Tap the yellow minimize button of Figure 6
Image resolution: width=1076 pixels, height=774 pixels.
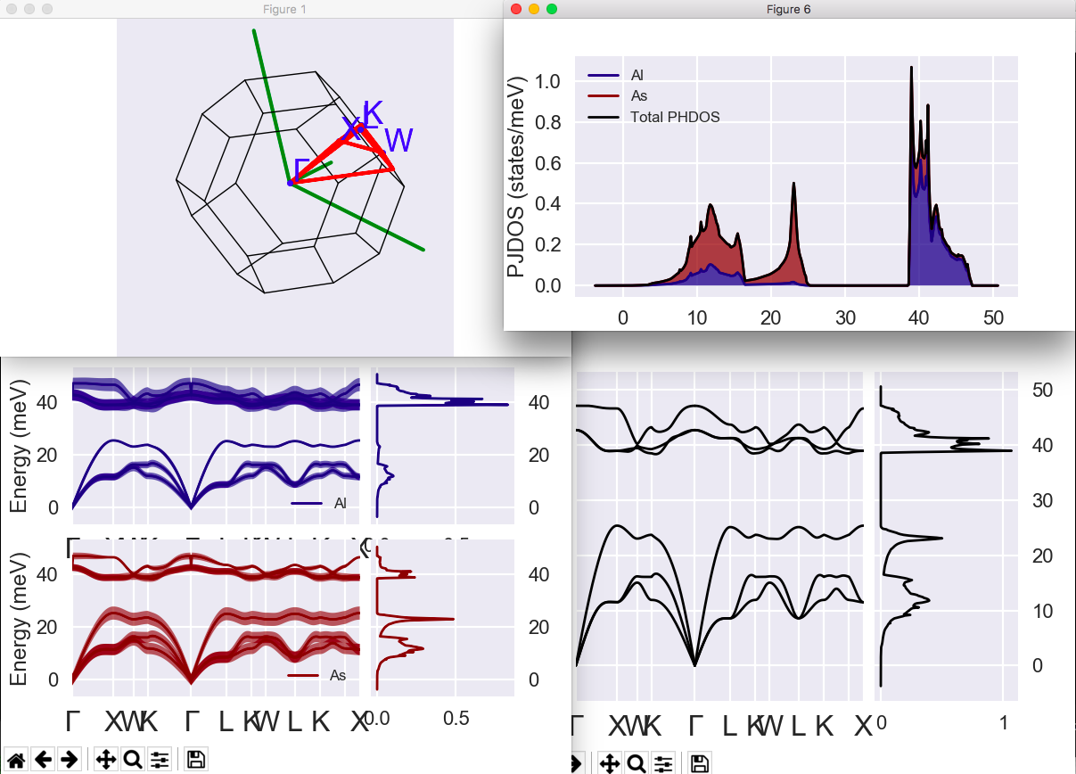point(534,9)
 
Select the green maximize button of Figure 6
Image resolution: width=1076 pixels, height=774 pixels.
point(551,9)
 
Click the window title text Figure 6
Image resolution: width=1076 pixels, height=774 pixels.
point(789,9)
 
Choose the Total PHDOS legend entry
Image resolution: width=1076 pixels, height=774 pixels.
point(674,117)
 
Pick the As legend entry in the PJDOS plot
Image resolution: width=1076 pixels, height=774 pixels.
point(638,95)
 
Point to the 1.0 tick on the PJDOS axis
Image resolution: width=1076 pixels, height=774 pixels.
point(547,81)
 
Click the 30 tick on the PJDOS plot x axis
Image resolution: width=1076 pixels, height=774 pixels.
point(846,317)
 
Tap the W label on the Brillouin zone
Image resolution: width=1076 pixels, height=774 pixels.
point(398,140)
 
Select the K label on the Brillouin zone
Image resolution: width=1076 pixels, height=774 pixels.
point(373,113)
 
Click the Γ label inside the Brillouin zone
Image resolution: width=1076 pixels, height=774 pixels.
point(302,168)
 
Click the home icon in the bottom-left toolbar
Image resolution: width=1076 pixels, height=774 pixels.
point(16,760)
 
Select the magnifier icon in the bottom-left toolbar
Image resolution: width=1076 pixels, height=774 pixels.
point(133,760)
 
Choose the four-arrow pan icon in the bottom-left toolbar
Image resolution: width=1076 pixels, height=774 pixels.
point(105,760)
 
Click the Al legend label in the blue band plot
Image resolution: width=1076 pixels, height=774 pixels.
point(340,504)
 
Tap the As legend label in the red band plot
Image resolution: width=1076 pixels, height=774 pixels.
point(338,675)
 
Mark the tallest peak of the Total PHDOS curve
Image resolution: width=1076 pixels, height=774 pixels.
point(911,68)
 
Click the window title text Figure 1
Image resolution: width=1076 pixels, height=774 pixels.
point(285,9)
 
